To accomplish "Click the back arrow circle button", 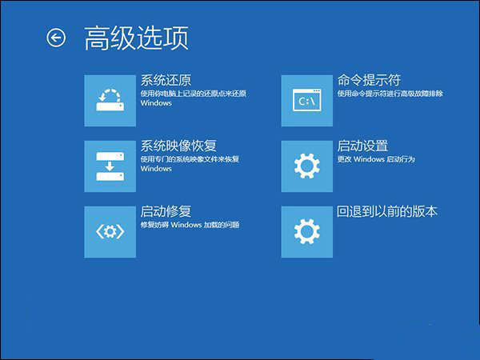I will (55, 38).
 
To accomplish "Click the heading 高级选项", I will (136, 38).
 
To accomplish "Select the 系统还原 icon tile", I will (110, 100).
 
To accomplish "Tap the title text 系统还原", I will (166, 80).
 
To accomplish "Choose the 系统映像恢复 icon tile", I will (110, 166).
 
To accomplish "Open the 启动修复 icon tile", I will (110, 232).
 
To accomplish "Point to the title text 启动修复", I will (166, 212).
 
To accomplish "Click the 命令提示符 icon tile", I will (307, 100).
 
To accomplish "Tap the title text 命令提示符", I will (369, 80).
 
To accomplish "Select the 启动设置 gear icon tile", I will (307, 166).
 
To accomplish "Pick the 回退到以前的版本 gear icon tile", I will (307, 232).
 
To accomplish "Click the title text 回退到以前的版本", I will (387, 212).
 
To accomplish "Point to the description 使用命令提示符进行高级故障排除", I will (390, 94).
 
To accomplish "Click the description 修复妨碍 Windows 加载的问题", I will (190, 226).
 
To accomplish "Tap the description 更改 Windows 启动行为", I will (374, 159).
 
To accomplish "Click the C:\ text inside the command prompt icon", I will (306, 102).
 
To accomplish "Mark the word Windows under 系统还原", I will (156, 103).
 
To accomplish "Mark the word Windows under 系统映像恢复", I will (156, 169).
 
